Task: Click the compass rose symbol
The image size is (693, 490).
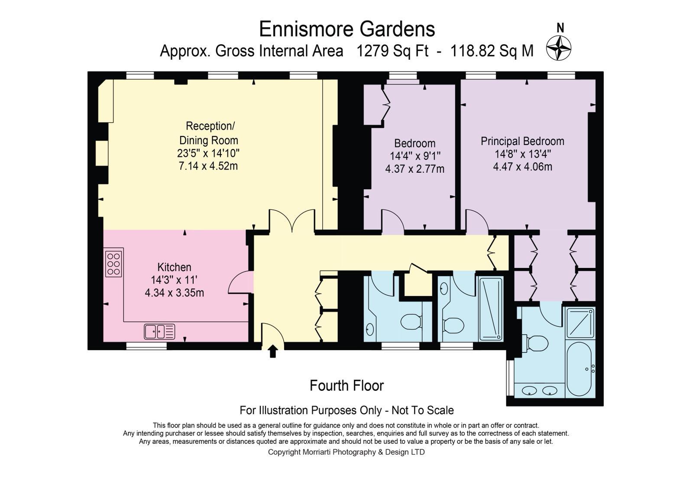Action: coord(558,48)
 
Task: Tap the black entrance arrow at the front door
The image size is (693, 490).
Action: coord(272,351)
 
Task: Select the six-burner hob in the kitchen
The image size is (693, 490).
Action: coord(113,264)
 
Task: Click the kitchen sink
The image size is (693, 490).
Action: coord(159,332)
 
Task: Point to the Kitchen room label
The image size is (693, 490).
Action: coord(174,267)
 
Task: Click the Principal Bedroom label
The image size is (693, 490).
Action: coord(522,141)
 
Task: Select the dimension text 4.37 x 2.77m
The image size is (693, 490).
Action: coord(415,169)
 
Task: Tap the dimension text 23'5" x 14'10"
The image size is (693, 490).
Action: coord(208,153)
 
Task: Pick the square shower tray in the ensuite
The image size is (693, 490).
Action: coord(580,323)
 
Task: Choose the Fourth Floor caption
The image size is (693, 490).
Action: coord(346,386)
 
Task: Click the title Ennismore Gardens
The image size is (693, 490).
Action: coord(347,29)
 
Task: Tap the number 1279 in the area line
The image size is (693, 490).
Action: coord(372,51)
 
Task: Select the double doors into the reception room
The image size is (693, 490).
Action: coord(292,220)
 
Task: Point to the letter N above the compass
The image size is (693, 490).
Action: coord(560,28)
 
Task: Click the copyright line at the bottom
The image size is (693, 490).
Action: coord(346,452)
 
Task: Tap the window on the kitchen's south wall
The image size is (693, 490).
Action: coord(146,346)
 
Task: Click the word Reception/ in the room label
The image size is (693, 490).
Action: coord(210,126)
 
